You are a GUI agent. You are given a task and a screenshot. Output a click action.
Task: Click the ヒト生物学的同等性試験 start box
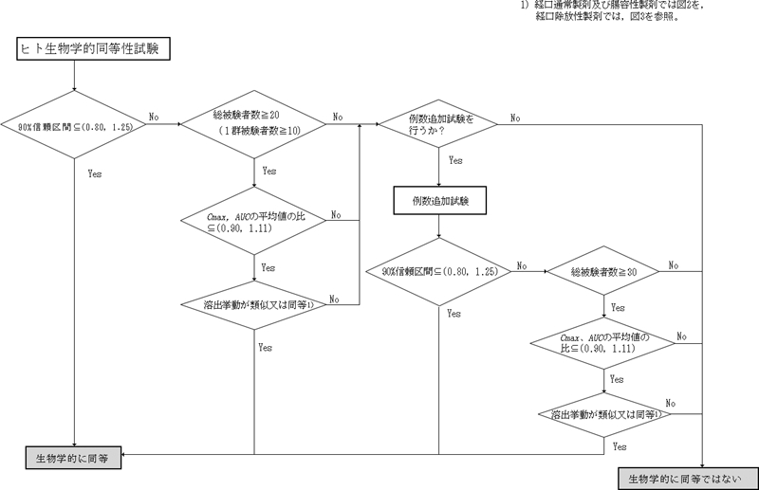pyautogui.click(x=93, y=50)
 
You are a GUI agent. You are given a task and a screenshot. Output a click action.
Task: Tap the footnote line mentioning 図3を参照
pyautogui.click(x=606, y=17)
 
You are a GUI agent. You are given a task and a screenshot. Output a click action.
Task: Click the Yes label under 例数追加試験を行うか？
pyautogui.click(x=456, y=161)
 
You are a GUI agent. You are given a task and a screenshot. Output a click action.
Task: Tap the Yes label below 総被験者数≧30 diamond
pyautogui.click(x=618, y=307)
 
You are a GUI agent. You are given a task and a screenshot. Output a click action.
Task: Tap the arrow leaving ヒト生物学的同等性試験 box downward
pyautogui.click(x=74, y=76)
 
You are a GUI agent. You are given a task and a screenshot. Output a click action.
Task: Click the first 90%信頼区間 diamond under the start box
pyautogui.click(x=74, y=125)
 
